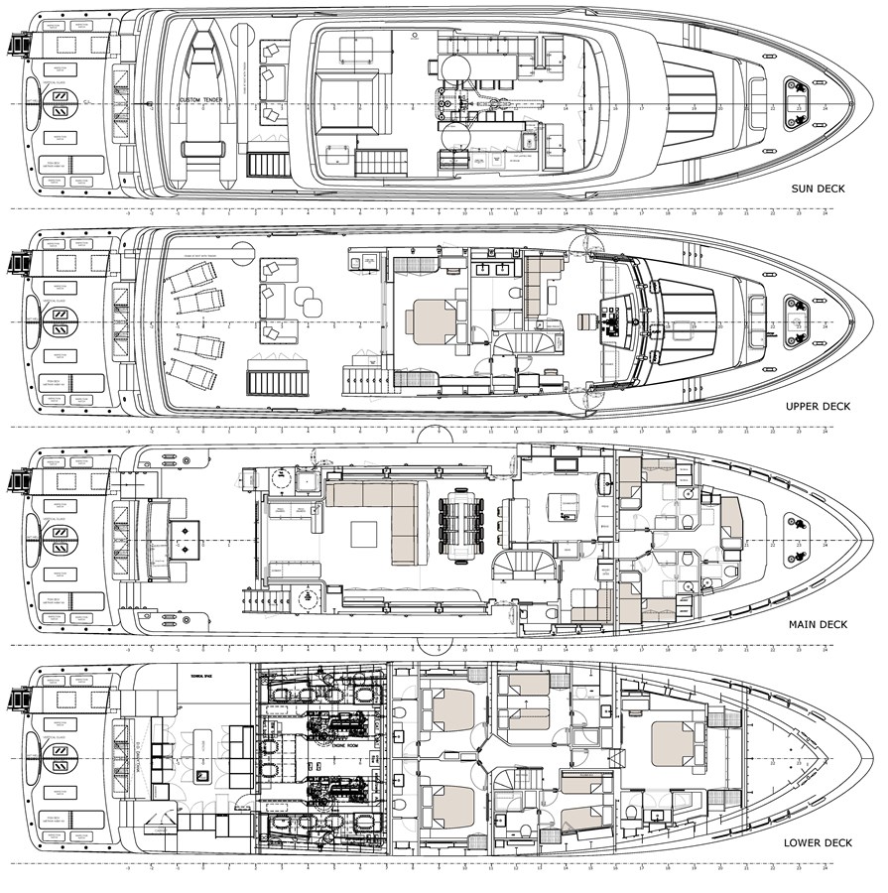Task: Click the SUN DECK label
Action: [818, 188]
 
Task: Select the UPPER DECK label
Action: [817, 407]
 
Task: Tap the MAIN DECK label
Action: [818, 624]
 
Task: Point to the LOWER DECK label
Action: [815, 843]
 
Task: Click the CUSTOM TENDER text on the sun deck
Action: [203, 100]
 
